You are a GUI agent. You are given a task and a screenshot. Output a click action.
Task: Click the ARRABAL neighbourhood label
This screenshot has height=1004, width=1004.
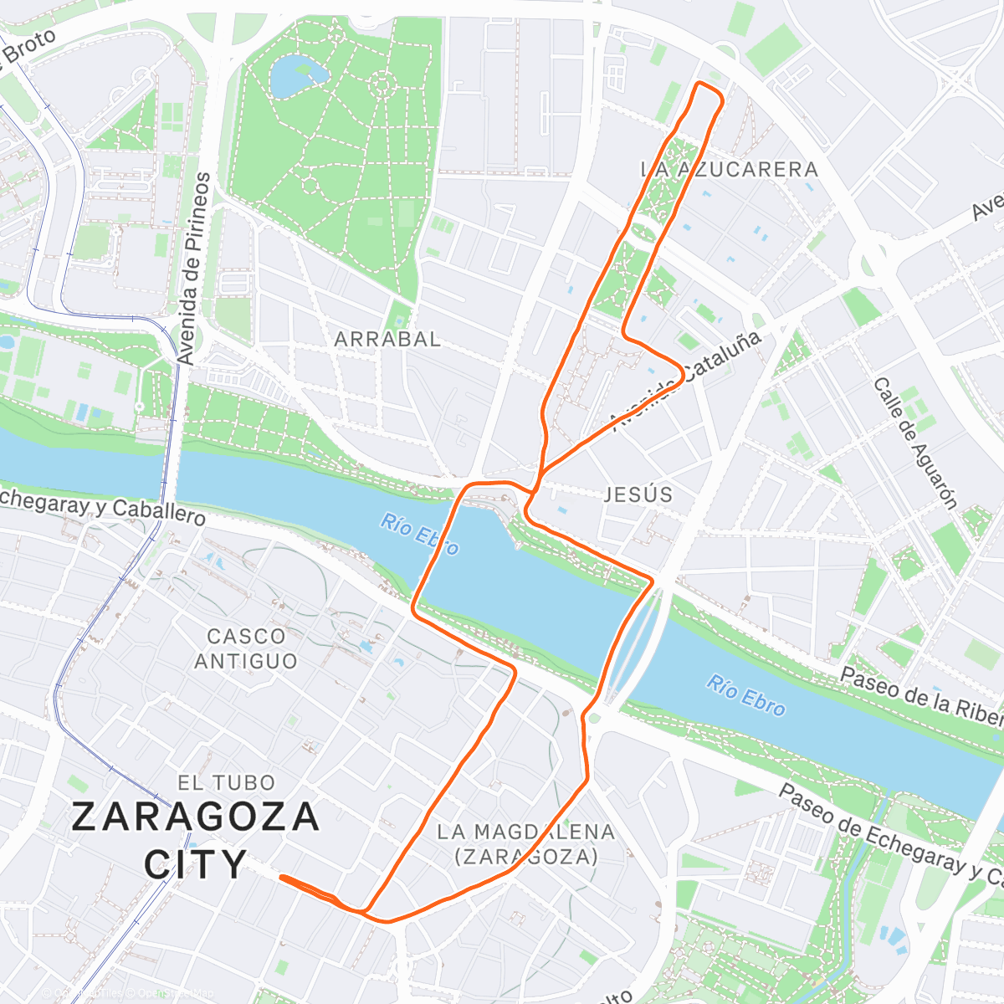387,340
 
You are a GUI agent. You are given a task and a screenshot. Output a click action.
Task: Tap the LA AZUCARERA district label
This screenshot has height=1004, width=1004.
729,170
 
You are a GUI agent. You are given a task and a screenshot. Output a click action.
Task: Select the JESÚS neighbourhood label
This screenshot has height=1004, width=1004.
638,494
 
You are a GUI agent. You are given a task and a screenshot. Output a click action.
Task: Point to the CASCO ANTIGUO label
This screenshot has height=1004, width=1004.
245,649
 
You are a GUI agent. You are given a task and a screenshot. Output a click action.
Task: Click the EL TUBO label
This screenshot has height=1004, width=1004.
226,783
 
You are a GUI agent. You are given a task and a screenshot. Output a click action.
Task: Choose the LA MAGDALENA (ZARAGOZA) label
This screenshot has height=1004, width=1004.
525,844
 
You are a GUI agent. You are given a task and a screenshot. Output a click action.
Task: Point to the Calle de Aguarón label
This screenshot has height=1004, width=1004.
914,443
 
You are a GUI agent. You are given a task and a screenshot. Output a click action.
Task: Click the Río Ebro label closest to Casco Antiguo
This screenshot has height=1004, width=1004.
419,535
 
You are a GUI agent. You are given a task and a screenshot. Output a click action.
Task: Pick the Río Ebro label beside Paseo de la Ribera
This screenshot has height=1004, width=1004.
745,695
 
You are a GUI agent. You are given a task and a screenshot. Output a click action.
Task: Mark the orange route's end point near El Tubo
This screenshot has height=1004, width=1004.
282,877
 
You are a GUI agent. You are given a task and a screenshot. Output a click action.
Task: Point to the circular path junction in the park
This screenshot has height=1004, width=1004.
382,85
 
